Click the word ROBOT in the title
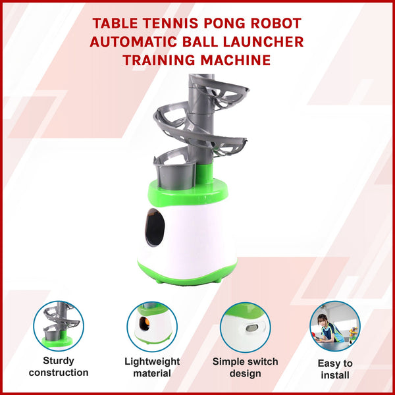[271, 24]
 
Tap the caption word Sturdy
[59, 361]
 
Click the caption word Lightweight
[151, 361]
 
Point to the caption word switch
[261, 361]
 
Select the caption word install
[336, 376]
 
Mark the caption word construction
[59, 373]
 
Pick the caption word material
[151, 373]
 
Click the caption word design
[245, 373]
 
